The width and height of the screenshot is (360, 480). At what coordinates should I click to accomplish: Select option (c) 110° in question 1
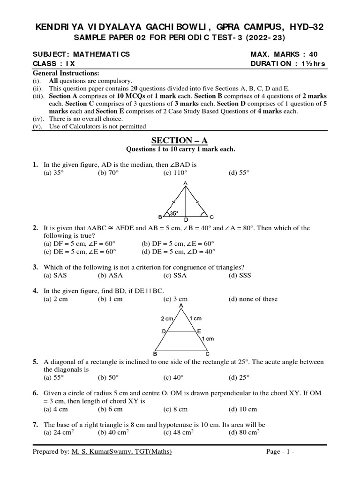pos(173,172)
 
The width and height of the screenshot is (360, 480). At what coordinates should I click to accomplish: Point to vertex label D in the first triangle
pos(186,219)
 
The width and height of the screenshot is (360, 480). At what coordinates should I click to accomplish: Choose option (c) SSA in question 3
pos(175,275)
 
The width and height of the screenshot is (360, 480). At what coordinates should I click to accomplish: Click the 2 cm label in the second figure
pos(167,318)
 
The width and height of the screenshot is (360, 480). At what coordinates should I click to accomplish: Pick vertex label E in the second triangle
pos(199,331)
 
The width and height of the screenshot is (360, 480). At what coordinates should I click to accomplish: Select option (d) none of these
pos(253,299)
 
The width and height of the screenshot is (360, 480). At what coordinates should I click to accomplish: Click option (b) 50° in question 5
pos(108,377)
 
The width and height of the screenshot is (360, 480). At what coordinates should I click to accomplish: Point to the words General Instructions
pos(66,74)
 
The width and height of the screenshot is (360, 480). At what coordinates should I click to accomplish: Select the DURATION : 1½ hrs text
pos(288,64)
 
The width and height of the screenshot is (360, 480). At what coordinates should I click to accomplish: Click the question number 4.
pos(35,291)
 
